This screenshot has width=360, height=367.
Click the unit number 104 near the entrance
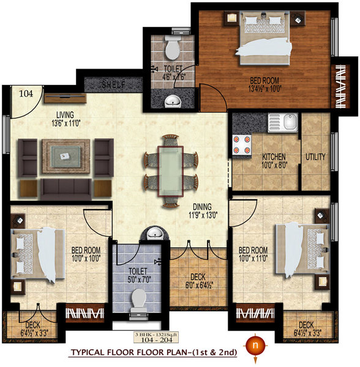pyautogui.click(x=25, y=94)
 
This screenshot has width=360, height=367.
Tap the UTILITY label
pyautogui.click(x=316, y=157)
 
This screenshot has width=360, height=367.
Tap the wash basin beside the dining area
pyautogui.click(x=153, y=234)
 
